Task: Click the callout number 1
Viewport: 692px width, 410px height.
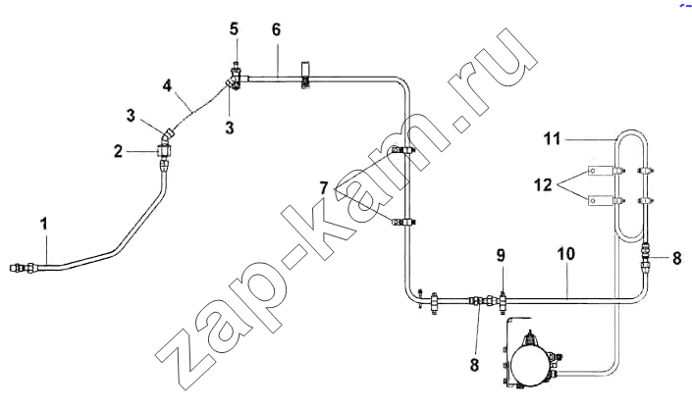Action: [x=44, y=224]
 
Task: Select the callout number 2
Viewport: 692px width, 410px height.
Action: [x=118, y=152]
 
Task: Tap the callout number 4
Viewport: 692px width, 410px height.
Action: [x=167, y=85]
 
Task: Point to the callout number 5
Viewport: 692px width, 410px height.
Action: [x=234, y=29]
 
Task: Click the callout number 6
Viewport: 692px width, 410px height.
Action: [x=276, y=29]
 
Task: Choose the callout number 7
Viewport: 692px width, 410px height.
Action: [x=324, y=188]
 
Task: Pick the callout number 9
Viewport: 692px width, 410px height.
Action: [x=501, y=255]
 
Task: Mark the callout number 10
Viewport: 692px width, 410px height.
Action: [x=566, y=254]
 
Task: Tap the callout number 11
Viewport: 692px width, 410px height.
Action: [x=552, y=139]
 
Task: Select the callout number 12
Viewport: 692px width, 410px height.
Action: [x=543, y=185]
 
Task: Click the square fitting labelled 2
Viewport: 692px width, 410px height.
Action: [x=166, y=152]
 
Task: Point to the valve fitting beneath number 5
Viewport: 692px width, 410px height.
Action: [x=236, y=78]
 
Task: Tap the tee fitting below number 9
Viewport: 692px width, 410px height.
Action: [x=503, y=302]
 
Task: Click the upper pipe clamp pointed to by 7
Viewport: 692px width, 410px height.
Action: [x=403, y=150]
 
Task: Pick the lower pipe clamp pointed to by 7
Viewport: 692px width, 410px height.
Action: [x=403, y=222]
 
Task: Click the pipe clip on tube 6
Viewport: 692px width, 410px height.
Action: [x=305, y=76]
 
